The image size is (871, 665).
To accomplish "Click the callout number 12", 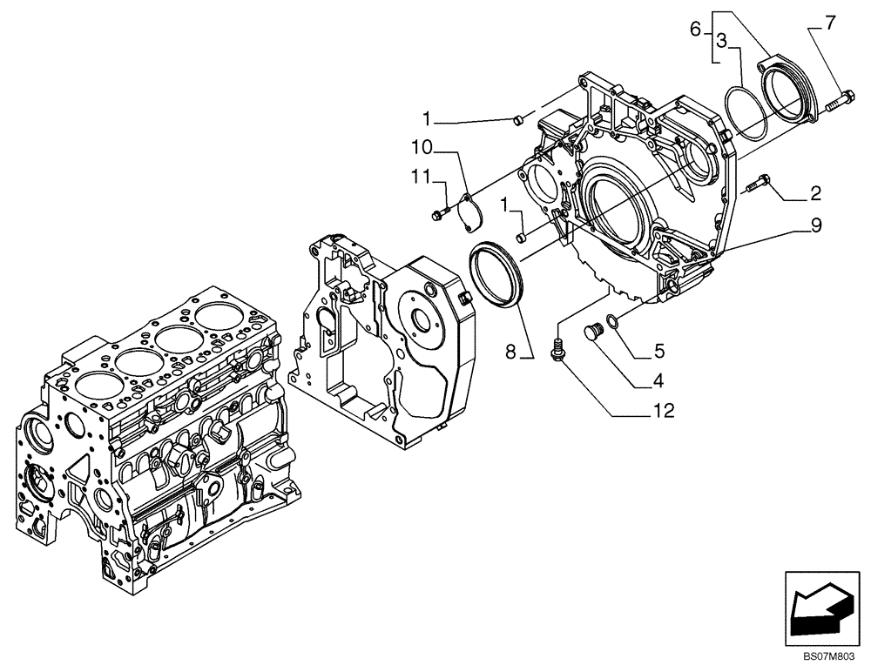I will [x=664, y=410].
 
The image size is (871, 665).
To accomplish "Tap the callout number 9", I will [x=815, y=225].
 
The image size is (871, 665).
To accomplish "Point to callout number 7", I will [x=830, y=24].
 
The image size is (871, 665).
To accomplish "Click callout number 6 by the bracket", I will [x=695, y=29].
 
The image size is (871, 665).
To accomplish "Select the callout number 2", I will [x=815, y=193].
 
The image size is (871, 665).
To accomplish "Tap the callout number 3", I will [x=722, y=40].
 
